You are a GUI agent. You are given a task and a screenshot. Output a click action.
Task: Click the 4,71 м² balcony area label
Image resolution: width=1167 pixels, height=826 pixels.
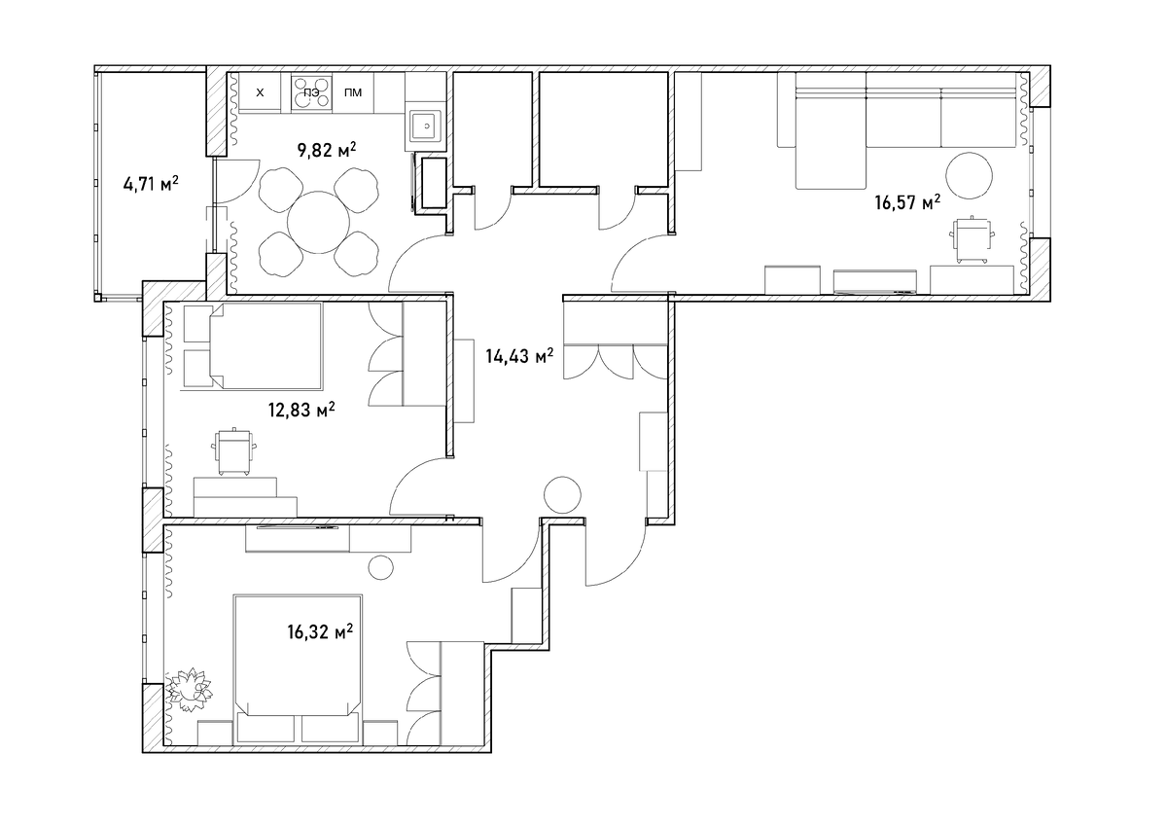(x=151, y=184)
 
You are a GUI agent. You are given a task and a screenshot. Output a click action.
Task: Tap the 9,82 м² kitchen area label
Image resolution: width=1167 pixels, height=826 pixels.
(x=327, y=150)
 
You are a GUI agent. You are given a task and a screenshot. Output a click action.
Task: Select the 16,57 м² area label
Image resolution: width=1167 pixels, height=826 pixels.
(x=907, y=201)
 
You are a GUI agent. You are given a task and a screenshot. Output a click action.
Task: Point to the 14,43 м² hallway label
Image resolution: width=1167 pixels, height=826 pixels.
(x=519, y=356)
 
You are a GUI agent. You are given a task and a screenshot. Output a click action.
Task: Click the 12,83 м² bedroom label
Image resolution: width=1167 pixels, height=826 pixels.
(x=301, y=410)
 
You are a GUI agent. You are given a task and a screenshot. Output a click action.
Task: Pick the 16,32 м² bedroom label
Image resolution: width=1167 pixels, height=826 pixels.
(x=320, y=631)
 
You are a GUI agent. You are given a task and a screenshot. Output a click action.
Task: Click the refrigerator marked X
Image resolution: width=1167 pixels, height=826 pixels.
(x=260, y=91)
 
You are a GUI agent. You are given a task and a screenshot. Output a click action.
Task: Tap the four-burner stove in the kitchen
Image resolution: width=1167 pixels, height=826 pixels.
(x=311, y=91)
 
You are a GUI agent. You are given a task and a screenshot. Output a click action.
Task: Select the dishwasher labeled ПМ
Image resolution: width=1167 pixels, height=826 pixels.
(x=353, y=91)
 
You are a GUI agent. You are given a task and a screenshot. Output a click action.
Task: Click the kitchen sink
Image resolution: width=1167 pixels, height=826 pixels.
(x=426, y=126)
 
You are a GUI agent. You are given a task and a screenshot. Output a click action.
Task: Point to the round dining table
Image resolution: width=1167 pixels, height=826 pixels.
(x=318, y=223)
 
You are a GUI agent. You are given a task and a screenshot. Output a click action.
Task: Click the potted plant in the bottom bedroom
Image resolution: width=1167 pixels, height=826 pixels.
(x=189, y=690)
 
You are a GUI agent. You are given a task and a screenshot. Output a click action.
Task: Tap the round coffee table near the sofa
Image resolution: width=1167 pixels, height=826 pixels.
(x=969, y=176)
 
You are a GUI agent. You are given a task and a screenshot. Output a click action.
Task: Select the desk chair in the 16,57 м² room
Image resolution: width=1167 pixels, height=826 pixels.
(x=971, y=240)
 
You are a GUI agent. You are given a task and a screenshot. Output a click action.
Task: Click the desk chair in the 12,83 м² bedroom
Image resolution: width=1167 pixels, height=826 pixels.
(x=235, y=451)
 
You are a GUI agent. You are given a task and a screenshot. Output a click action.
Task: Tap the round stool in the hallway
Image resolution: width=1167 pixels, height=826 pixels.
(x=562, y=495)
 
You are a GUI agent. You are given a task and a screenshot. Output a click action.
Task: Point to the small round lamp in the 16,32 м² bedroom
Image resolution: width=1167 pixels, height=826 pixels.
(x=380, y=567)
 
